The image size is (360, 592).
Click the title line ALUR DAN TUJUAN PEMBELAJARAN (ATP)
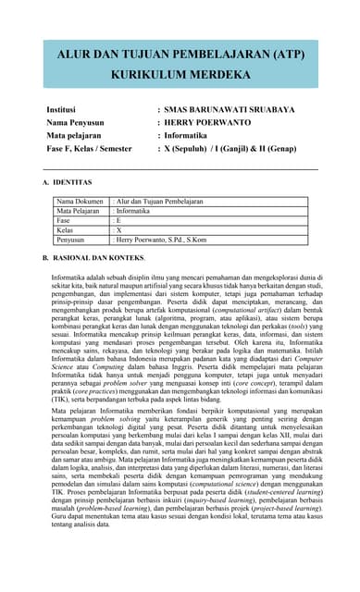pyautogui.click(x=180, y=56)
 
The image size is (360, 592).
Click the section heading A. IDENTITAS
pyautogui.click(x=73, y=183)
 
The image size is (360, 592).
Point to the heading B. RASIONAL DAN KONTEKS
pyautogui.click(x=100, y=256)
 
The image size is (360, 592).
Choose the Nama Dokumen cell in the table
pyautogui.click(x=81, y=201)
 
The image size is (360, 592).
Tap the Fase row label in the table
pyautogui.click(x=64, y=220)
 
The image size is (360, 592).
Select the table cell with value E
pyautogui.click(x=118, y=220)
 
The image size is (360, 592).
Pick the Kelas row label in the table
pyautogui.click(x=66, y=229)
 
